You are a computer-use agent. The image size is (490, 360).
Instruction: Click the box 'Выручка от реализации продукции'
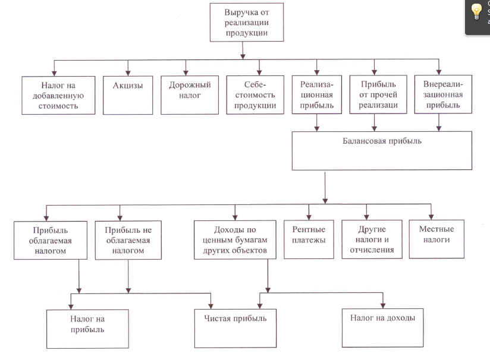pos(247,22)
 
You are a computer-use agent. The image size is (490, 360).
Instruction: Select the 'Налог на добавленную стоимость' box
pos(58,95)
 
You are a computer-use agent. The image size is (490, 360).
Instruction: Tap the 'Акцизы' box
pos(128,95)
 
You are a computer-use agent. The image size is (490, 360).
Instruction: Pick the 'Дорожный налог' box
pos(190,95)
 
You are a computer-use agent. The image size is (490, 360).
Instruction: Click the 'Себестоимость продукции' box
pos(255,94)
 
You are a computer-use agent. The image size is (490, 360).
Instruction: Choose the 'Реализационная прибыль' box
pos(317,94)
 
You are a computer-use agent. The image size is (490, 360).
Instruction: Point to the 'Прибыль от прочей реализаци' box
pos(378,94)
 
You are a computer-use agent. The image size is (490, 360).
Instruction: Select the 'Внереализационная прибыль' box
pos(443,94)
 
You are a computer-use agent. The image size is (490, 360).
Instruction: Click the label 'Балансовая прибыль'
pos(382,141)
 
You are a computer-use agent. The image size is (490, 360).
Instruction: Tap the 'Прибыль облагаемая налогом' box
pos(51,240)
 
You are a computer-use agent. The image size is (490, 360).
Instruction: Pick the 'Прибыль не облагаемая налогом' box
pos(128,240)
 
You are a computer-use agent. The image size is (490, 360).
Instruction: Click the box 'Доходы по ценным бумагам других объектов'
pos(235,240)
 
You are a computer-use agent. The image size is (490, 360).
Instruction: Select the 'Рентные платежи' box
pos(309,239)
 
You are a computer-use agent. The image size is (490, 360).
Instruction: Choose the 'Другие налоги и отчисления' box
pos(372,239)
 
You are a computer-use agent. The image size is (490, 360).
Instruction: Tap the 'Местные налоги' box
pos(436,239)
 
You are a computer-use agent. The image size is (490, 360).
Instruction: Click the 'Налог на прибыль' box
pos(87,329)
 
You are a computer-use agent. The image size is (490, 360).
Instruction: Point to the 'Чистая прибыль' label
pos(235,318)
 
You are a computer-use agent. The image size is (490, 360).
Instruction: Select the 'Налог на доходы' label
pos(382,318)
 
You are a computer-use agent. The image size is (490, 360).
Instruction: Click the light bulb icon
pos(476,11)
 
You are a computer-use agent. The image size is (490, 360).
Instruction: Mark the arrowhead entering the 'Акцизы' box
pos(128,74)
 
